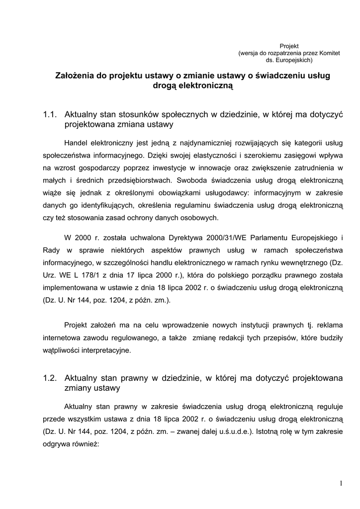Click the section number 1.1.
(x=51, y=115)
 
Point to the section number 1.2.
(x=51, y=378)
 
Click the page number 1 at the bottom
(x=341, y=483)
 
